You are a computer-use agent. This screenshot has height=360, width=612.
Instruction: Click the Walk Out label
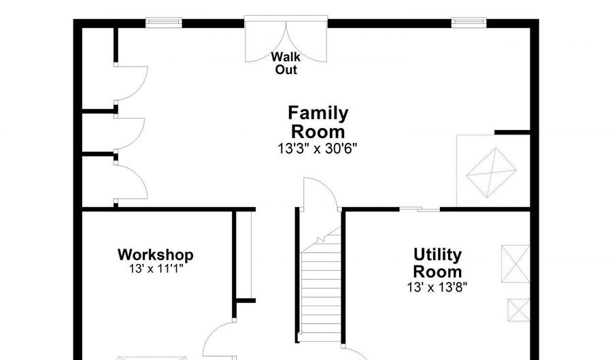[286, 63]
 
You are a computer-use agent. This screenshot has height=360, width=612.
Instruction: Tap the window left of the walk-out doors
[164, 23]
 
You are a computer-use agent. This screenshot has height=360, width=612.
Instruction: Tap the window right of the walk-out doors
[469, 23]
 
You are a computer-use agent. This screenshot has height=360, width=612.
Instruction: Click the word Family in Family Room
[318, 113]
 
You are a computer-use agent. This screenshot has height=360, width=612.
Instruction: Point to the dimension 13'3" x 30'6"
[318, 148]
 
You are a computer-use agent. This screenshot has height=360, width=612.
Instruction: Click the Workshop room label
[155, 255]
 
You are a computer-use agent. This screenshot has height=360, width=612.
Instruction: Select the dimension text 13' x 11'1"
[155, 269]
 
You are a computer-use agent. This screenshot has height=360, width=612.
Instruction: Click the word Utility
[437, 255]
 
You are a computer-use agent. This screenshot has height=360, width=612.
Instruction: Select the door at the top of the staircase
[320, 194]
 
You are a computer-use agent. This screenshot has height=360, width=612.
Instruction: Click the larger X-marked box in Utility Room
[515, 263]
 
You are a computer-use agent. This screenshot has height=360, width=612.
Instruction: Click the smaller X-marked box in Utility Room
[518, 310]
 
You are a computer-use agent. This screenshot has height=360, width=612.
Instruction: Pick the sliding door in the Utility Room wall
[419, 209]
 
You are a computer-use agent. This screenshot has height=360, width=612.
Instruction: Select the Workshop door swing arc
[218, 337]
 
